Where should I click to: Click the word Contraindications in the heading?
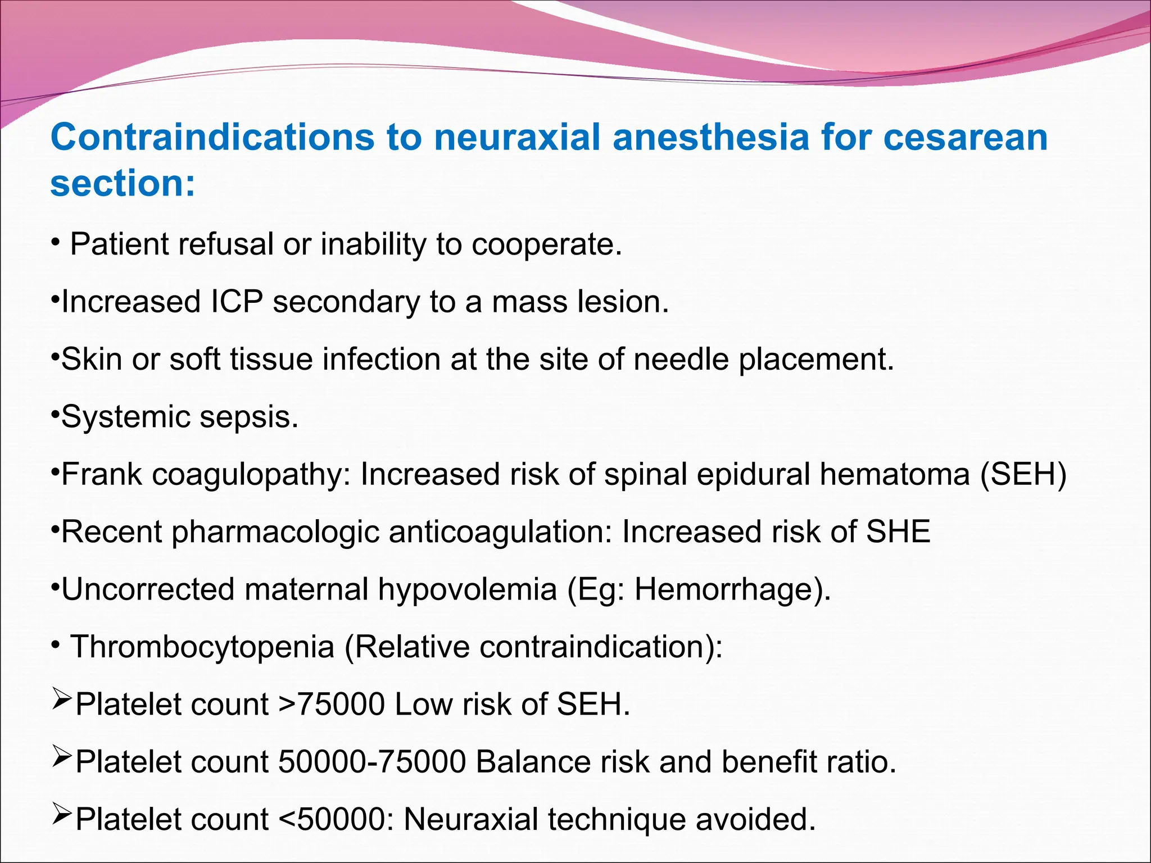[x=212, y=137]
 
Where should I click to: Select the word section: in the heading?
[x=123, y=184]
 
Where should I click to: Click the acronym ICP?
[x=237, y=302]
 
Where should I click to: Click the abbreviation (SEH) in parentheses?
[x=1023, y=474]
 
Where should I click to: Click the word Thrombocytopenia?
[x=202, y=647]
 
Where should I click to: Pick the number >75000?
[x=332, y=705]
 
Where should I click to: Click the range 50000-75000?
[x=372, y=762]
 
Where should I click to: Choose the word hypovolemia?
[x=467, y=589]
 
